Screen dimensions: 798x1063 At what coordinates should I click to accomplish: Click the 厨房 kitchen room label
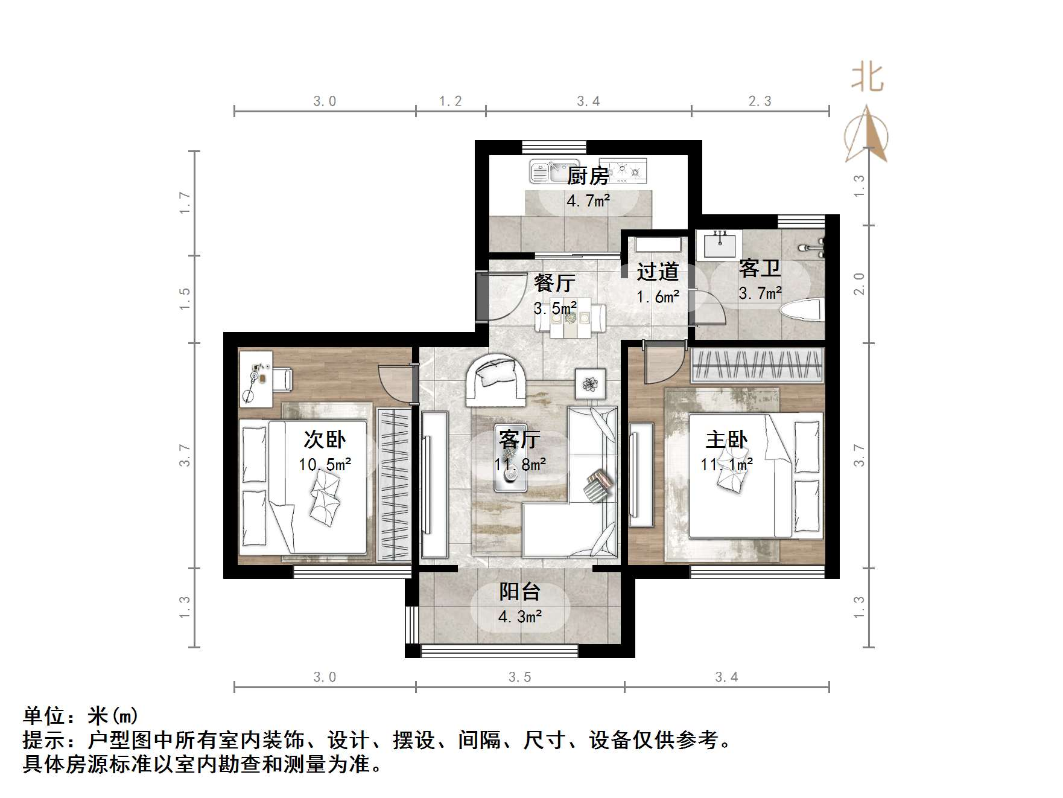[x=588, y=176]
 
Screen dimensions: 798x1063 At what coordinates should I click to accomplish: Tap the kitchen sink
[x=547, y=171]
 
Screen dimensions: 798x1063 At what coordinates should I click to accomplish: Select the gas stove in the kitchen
[x=626, y=170]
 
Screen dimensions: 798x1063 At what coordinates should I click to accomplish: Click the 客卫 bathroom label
[x=760, y=269]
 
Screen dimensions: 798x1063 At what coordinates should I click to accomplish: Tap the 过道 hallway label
[x=658, y=272]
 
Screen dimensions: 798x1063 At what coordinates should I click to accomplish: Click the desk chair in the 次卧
[x=282, y=379]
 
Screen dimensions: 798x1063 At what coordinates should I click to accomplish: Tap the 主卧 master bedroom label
[x=726, y=439]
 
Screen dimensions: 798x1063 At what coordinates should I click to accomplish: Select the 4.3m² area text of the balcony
[x=519, y=617]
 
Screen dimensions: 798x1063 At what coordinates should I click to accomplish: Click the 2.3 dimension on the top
[x=760, y=101]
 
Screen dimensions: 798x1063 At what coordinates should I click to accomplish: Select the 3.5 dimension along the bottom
[x=519, y=677]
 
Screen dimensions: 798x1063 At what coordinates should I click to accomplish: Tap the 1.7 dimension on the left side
[x=185, y=203]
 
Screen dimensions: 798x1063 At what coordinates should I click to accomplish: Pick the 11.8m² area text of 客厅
[x=520, y=464]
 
